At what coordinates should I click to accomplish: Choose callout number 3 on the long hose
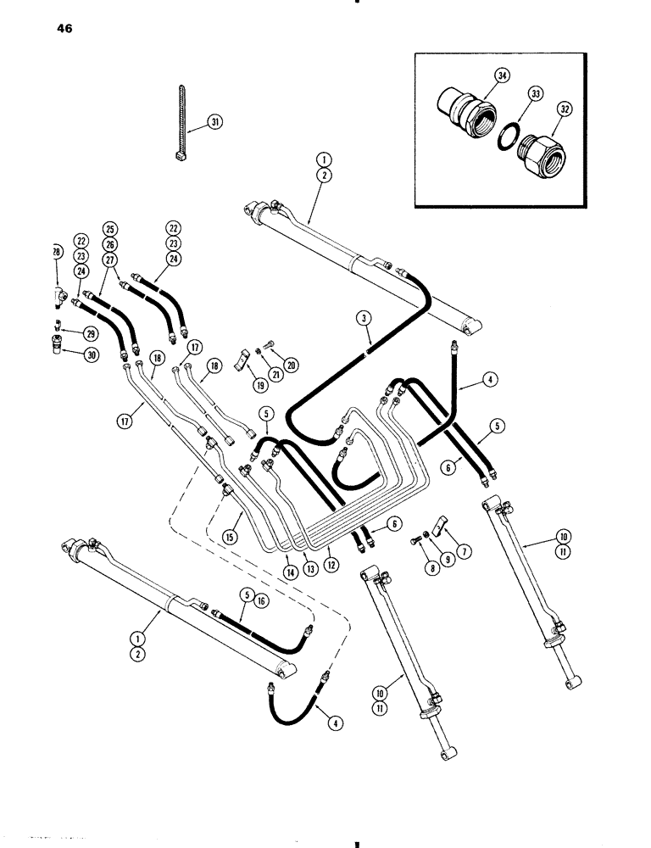click(364, 318)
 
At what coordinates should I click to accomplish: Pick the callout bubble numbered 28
click(55, 252)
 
